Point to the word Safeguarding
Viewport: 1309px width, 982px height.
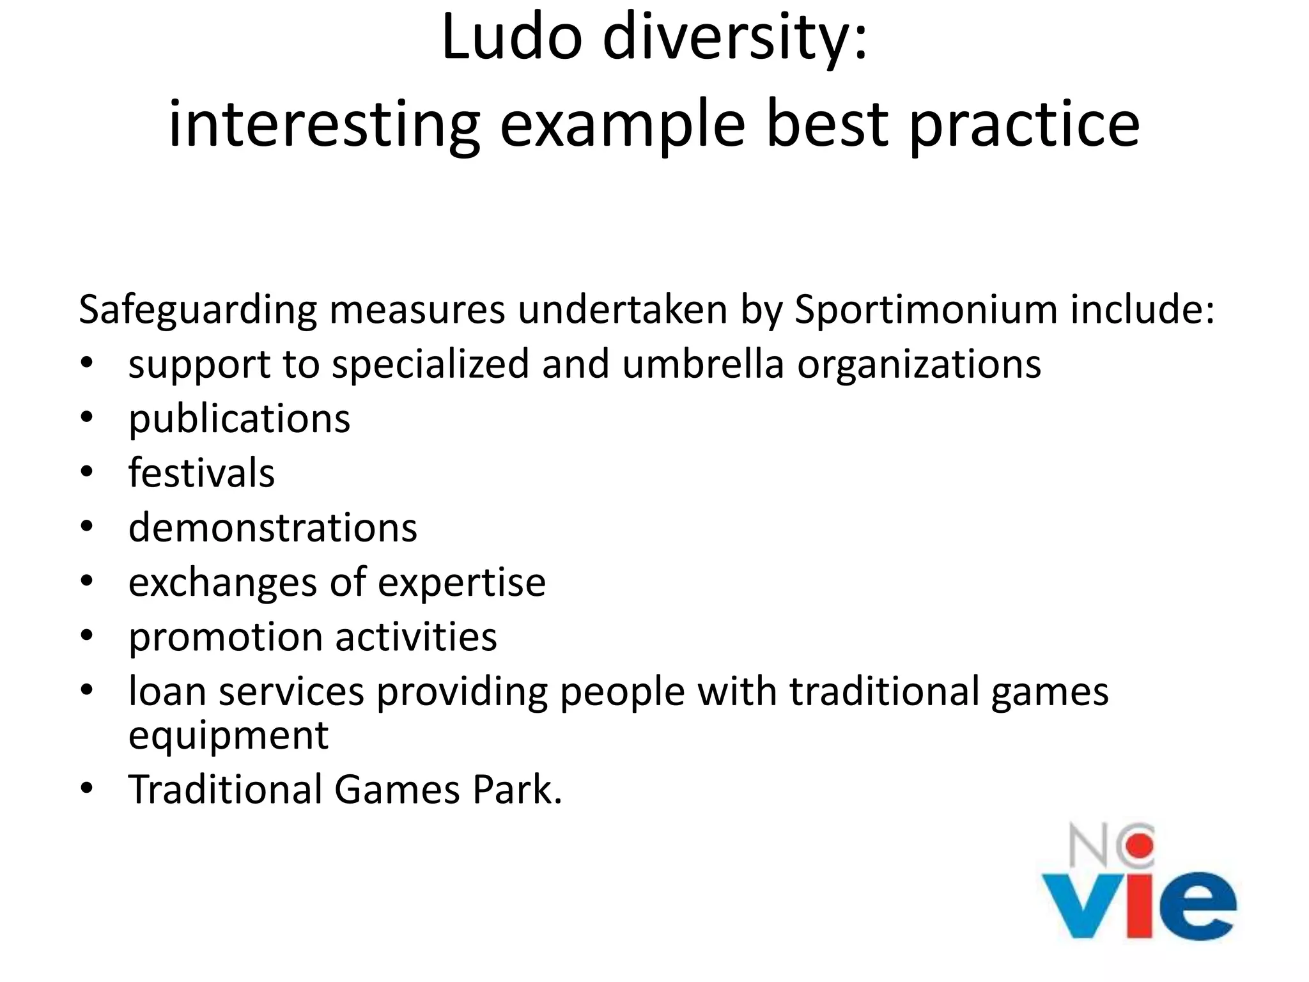pos(198,311)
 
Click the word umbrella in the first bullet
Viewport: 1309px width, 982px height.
pos(702,364)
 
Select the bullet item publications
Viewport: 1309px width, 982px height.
pos(239,420)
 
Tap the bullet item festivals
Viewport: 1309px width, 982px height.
pos(201,474)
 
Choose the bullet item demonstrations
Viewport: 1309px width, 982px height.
pos(272,529)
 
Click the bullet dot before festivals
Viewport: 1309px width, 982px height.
pos(87,472)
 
